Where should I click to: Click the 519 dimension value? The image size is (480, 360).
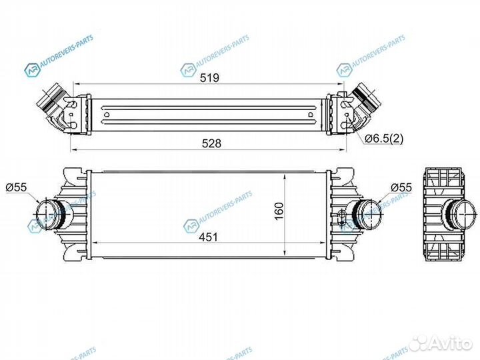coord(210,77)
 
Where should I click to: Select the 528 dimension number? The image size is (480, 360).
coord(210,142)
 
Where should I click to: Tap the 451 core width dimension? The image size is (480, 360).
coord(210,237)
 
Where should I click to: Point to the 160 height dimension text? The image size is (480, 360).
coord(278,212)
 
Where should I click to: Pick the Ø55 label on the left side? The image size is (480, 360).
coord(16,188)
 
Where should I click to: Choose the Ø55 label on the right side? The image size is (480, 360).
coord(401,188)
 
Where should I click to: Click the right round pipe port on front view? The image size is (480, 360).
coord(366,213)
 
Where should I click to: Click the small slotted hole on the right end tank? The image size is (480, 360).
coord(342,215)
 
